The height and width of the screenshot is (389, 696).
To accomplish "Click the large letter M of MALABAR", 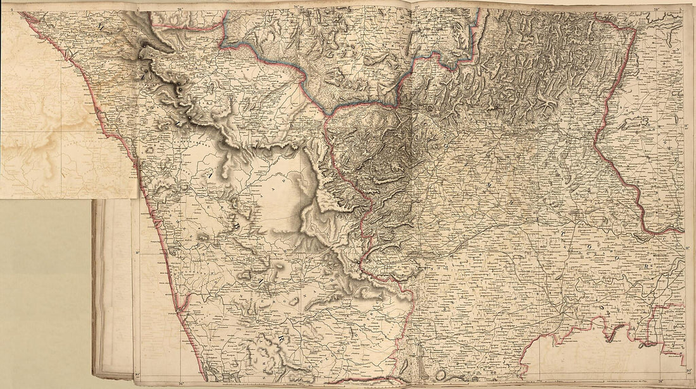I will coord(102,27).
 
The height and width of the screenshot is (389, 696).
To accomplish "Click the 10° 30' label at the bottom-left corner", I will coord(137,375).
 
